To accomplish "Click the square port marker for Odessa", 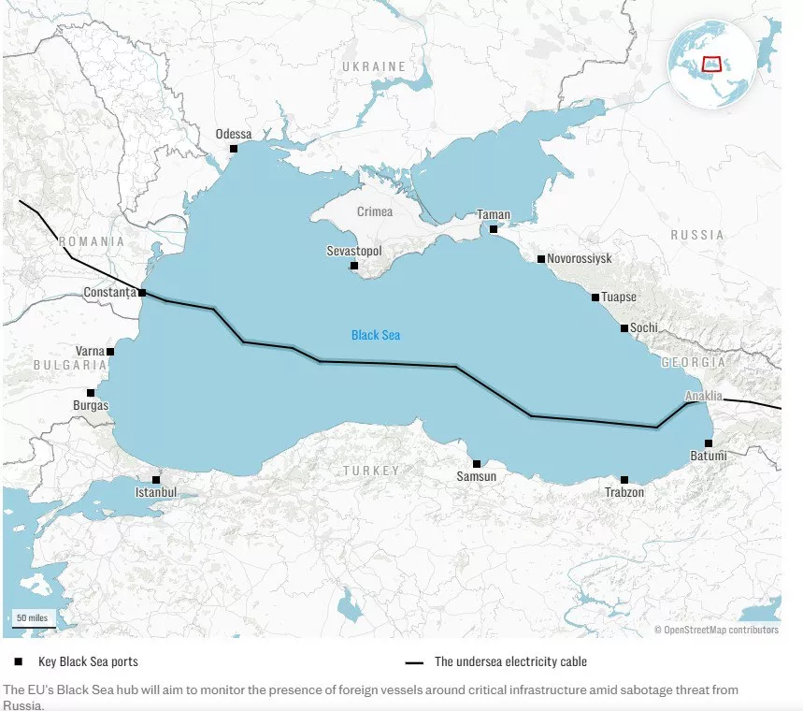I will (234, 149).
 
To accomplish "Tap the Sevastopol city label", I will (354, 252).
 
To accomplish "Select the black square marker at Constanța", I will (142, 293).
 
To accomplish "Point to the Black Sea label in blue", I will (376, 335).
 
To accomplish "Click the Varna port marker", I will (110, 352).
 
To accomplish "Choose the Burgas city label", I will (91, 406).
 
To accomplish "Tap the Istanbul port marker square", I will (156, 479).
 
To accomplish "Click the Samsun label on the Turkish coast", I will (476, 477).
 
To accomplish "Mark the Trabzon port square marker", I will (624, 479).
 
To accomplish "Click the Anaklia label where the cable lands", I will (704, 396).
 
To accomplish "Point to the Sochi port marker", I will (624, 328).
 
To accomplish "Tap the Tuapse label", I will (619, 297).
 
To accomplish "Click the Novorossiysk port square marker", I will (540, 259).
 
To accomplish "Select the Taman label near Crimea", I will (494, 214).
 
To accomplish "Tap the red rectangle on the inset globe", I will (712, 65).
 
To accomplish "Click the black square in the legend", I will (18, 661).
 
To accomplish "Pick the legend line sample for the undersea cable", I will (414, 662).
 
